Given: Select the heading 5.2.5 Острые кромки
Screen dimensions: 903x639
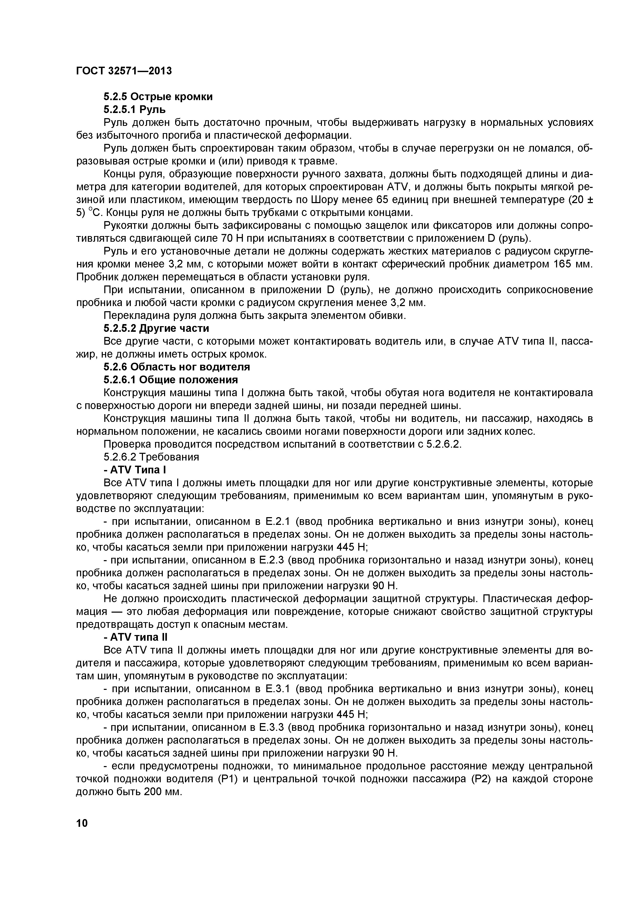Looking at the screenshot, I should tap(158, 97).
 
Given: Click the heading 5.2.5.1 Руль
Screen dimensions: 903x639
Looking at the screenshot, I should tap(134, 109).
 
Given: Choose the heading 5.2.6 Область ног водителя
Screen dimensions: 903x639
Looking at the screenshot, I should tap(177, 367).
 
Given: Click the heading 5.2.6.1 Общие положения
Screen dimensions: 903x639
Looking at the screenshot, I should tap(171, 380).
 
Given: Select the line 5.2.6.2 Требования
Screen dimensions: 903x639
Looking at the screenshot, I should tap(151, 457).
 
